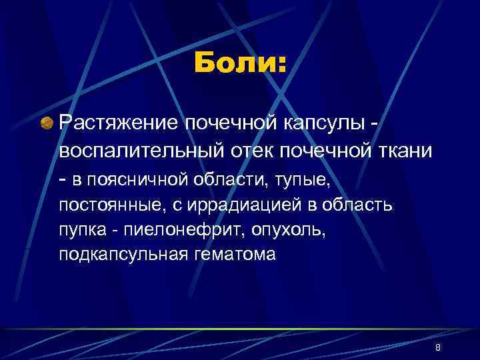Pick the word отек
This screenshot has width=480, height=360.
point(248,151)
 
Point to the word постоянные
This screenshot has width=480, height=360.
point(107,205)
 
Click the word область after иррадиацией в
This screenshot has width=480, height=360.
point(359,205)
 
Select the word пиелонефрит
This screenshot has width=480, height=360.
point(169,230)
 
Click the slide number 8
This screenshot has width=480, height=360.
point(437,348)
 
